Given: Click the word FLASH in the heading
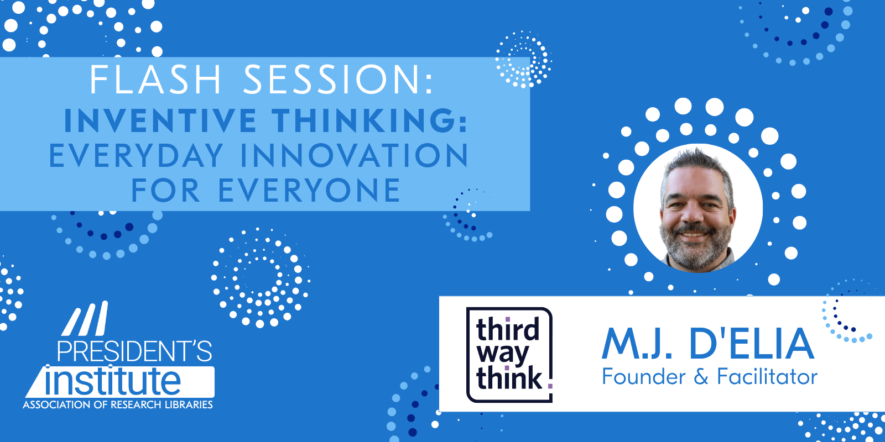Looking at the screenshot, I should [155, 80].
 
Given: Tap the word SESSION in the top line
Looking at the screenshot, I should [338, 80].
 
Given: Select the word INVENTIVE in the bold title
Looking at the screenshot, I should [161, 121].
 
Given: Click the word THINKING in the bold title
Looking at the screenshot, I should [369, 121].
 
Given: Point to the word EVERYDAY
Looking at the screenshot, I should [137, 156].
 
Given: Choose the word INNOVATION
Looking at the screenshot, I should [355, 156].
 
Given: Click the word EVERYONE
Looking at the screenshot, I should [309, 191].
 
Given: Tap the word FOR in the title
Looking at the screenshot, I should [165, 191].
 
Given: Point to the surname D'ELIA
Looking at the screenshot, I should [752, 344].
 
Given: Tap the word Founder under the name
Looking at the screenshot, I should [643, 377].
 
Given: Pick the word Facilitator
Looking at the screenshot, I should [767, 377].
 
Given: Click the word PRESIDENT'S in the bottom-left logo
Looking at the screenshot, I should [134, 352].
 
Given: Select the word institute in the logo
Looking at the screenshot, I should [113, 381].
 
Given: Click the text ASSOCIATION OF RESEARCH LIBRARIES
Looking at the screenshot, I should [118, 405].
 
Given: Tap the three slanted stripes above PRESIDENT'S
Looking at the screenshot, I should [85, 319].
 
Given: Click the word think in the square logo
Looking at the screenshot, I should [509, 378].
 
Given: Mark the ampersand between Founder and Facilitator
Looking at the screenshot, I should [701, 378].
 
